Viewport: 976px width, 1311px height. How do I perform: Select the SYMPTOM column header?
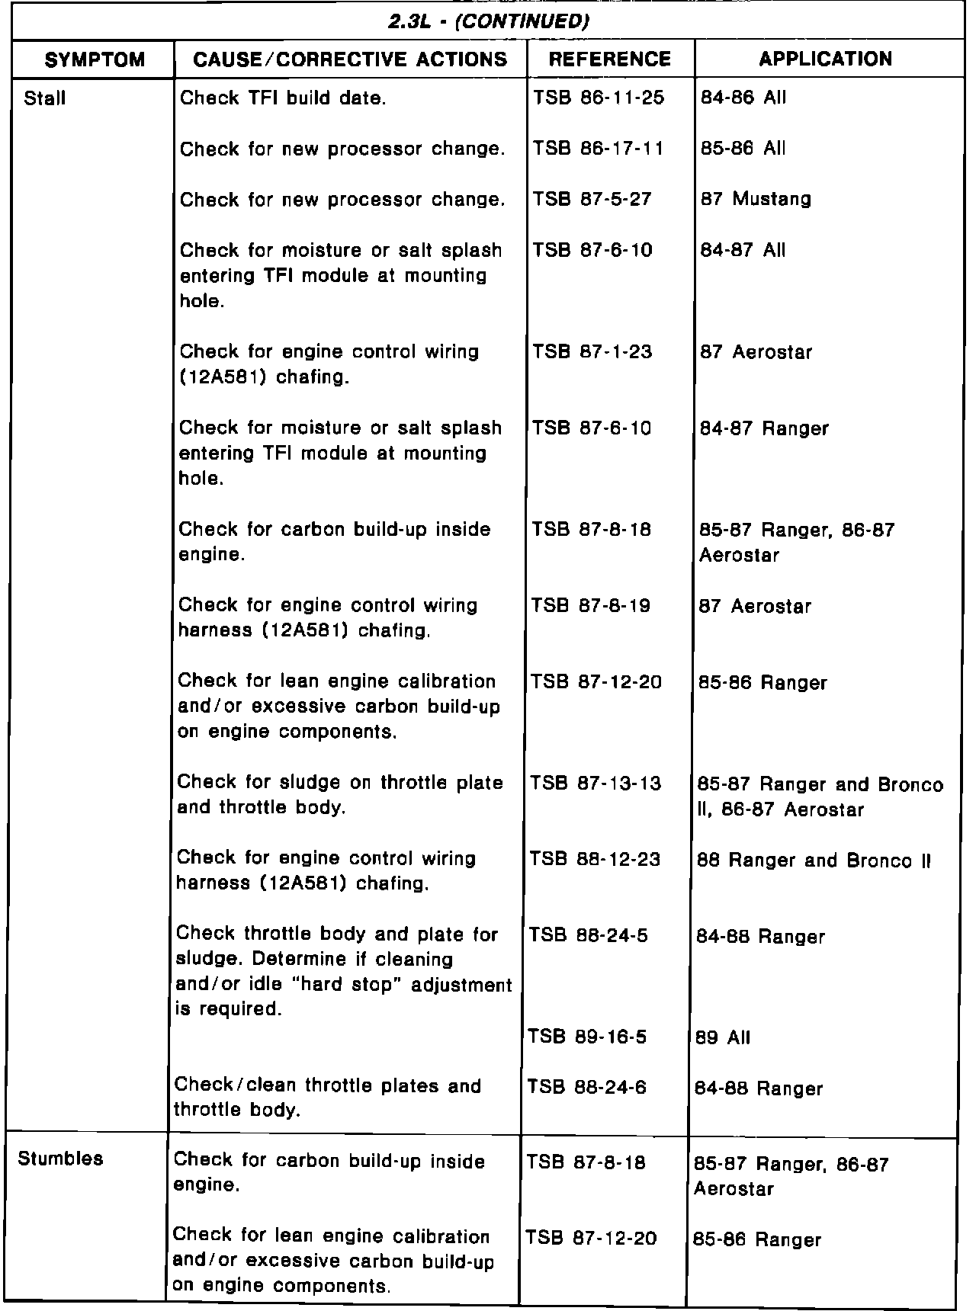pos(95,59)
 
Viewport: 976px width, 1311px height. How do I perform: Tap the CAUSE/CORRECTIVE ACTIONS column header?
pos(351,59)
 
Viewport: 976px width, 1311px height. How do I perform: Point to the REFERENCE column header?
pos(610,59)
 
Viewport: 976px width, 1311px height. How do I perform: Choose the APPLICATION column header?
pos(826,59)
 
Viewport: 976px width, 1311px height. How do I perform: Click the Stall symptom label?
pos(45,98)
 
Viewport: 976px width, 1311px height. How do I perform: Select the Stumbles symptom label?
pos(60,1159)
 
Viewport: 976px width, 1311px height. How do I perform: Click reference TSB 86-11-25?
pos(599,98)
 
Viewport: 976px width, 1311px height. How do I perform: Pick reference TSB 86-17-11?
pos(599,149)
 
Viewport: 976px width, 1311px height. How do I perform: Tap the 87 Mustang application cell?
pos(756,200)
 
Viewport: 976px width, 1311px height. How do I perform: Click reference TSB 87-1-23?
pos(592,352)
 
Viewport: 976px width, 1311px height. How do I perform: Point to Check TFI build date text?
pos(282,98)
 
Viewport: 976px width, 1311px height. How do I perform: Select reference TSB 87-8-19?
pos(591,606)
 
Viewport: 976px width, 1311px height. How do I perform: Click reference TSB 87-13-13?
pos(596,784)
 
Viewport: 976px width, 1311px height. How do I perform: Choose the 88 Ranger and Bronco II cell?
pos(814,861)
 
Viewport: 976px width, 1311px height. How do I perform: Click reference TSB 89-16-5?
pos(587,1037)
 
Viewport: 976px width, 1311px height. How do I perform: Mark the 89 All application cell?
pos(723,1037)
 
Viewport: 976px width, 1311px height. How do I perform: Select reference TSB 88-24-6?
pos(587,1088)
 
